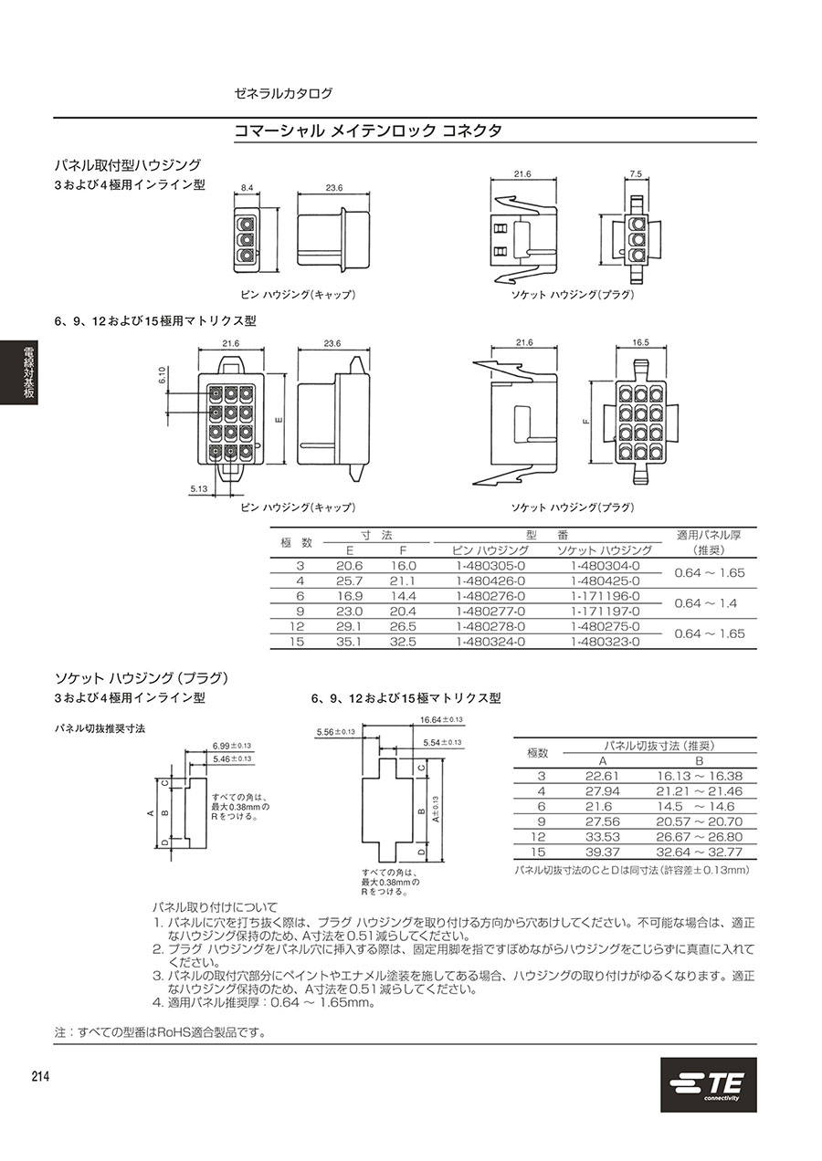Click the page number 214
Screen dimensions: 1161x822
pos(40,1077)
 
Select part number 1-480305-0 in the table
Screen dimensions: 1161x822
pos(490,565)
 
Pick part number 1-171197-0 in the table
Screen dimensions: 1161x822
pos(605,611)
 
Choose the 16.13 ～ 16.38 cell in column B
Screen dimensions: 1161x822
pos(700,776)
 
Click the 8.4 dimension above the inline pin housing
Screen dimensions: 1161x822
pos(247,188)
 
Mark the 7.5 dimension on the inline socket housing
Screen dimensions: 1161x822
pos(637,173)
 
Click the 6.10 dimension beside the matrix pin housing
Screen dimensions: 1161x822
pos(163,375)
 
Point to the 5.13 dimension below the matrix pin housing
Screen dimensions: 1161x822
pos(199,489)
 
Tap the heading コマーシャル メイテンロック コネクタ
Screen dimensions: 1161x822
pos(368,131)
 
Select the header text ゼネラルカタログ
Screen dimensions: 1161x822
pos(284,93)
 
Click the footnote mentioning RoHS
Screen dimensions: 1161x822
pos(160,1032)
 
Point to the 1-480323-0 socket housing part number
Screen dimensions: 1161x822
pos(605,641)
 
